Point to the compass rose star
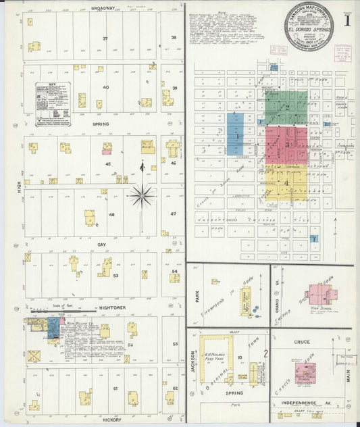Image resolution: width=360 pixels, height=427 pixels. (x=142, y=196)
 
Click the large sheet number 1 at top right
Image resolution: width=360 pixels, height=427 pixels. (x=347, y=20)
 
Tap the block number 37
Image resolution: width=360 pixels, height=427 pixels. (x=105, y=39)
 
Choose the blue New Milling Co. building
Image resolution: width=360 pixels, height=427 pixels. (x=52, y=328)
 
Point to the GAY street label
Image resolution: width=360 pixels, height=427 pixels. (x=102, y=245)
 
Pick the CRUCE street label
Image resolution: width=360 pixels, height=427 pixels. (x=302, y=342)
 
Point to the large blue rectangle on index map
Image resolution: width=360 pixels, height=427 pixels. (x=236, y=135)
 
